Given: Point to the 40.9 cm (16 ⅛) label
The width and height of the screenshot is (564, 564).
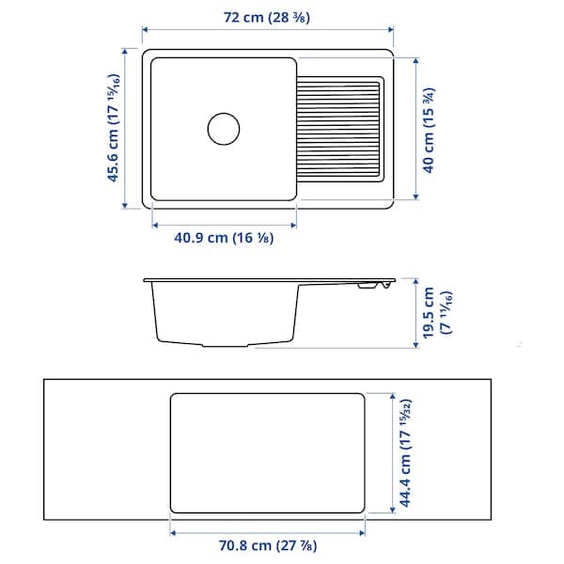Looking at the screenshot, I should tap(224, 239).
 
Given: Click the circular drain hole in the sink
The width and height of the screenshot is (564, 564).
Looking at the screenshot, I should tap(224, 128).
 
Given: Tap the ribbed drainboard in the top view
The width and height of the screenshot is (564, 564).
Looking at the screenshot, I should tap(340, 128).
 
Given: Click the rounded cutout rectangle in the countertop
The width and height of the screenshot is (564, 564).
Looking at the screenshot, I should tap(267, 453).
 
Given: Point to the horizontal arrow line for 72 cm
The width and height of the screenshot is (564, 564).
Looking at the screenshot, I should tap(267, 28).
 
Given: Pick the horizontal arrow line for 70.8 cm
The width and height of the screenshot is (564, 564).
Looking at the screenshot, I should tap(267, 531).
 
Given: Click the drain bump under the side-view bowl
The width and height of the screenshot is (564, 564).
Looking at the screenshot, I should tap(226, 346).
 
